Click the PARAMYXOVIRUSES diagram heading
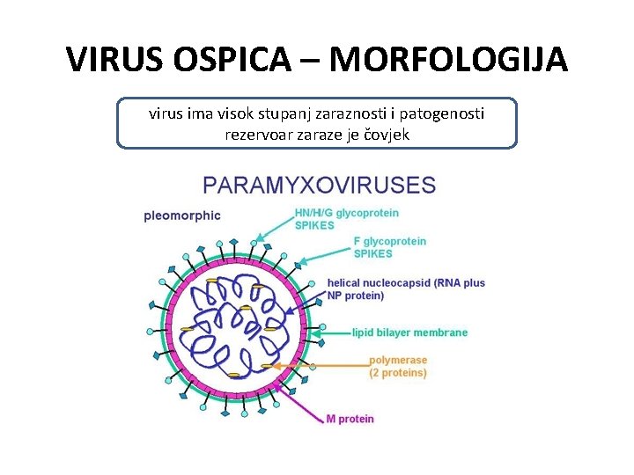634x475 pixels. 319,186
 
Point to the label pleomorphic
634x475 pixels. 182,216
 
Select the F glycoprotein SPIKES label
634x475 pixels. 389,247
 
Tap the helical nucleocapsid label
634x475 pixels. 406,289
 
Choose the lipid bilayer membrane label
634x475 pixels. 409,332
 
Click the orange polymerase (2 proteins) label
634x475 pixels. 398,366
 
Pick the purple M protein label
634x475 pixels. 350,419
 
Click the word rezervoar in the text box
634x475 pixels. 257,135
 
